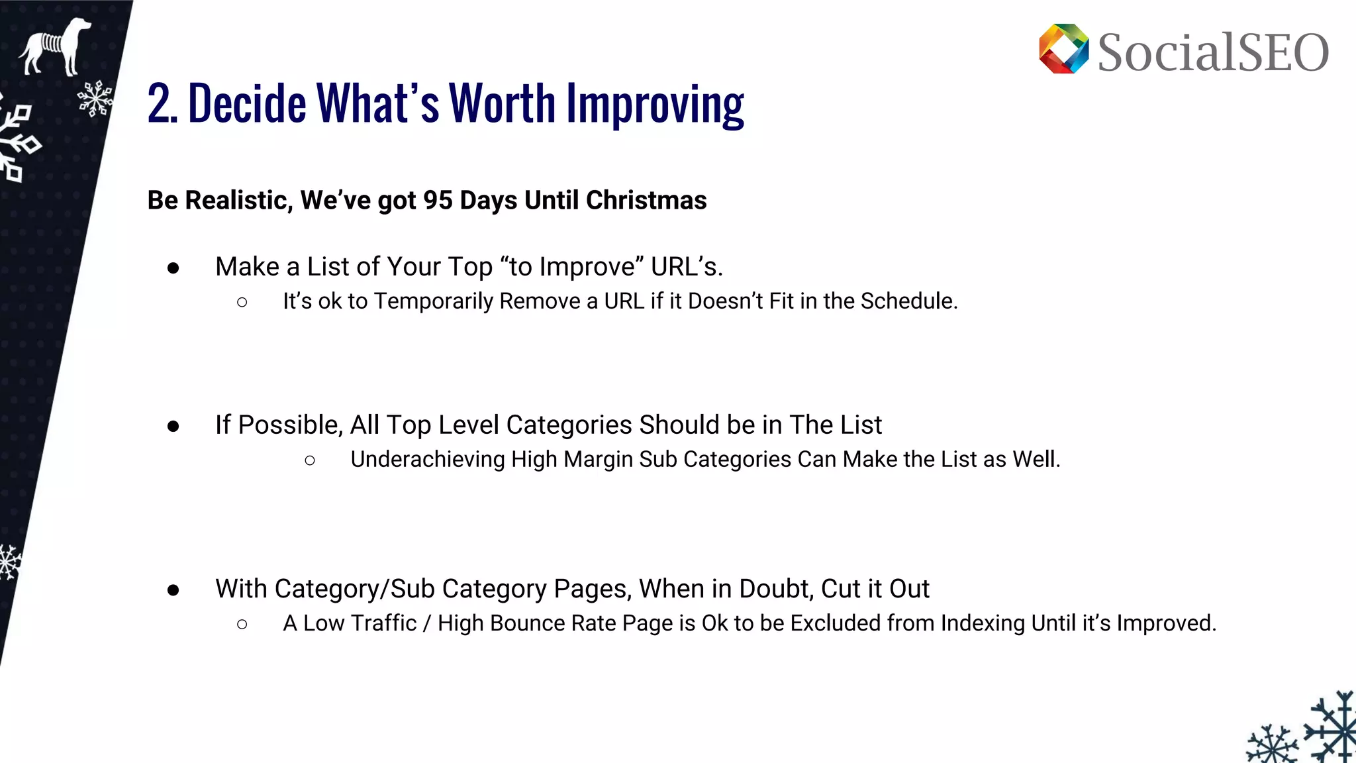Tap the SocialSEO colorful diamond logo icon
1063,49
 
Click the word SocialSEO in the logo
1213,52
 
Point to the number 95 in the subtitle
438,200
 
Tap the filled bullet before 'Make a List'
173,268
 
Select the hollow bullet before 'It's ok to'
242,303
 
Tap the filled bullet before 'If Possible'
173,426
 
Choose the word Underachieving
428,459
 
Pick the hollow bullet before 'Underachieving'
310,460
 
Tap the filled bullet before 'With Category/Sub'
173,590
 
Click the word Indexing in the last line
983,623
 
